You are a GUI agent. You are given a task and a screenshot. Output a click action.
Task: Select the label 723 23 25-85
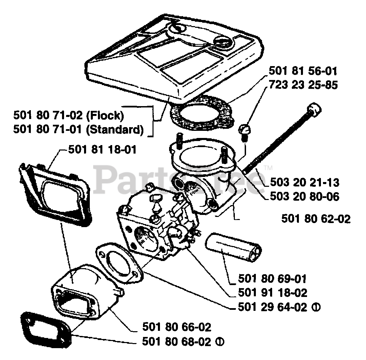pyautogui.click(x=303, y=85)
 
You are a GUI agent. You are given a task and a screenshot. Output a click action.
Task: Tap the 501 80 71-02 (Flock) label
pyautogui.click(x=68, y=116)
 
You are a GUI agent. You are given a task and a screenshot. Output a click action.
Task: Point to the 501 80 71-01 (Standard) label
pyautogui.click(x=78, y=129)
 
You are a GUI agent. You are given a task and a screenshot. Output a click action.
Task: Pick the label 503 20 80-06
pyautogui.click(x=305, y=196)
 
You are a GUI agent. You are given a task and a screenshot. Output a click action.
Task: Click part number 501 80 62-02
pyautogui.click(x=316, y=219)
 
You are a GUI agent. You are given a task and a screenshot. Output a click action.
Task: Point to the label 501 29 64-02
pyautogui.click(x=272, y=307)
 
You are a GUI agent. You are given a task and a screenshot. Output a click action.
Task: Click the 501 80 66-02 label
pyautogui.click(x=177, y=327)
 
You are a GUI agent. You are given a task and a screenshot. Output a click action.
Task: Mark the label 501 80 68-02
pyautogui.click(x=177, y=341)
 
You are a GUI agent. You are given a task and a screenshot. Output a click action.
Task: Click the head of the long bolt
pyautogui.click(x=313, y=110)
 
